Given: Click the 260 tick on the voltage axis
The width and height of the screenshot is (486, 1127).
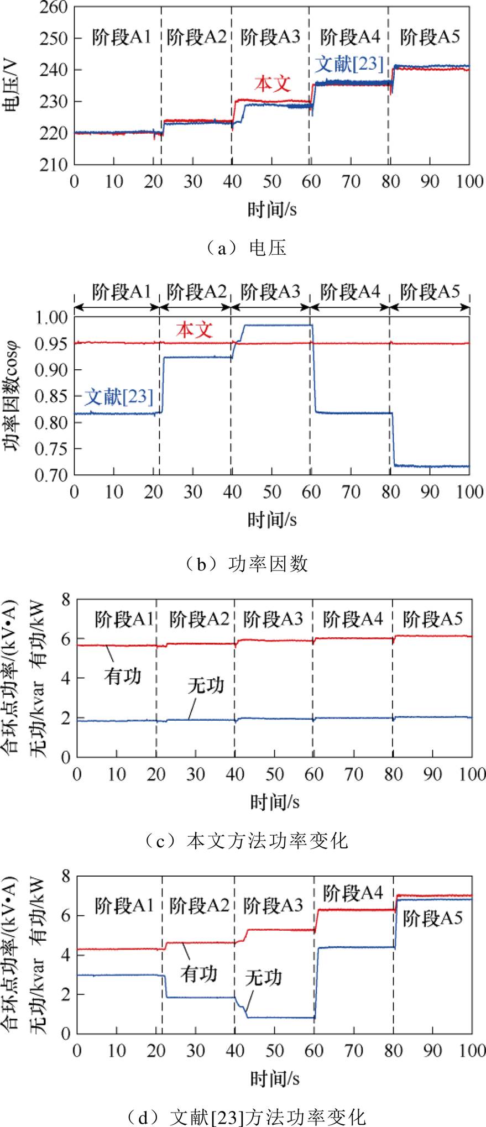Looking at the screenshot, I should click(53, 8).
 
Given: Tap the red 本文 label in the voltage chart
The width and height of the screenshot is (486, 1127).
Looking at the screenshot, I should click(273, 84).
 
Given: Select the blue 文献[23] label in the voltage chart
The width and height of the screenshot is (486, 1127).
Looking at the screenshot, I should click(349, 64).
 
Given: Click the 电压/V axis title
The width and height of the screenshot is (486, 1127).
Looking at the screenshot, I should click(12, 86).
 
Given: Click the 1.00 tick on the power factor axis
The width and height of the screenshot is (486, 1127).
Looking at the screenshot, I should click(51, 317).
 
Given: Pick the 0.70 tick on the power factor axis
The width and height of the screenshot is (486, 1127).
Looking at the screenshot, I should click(51, 475).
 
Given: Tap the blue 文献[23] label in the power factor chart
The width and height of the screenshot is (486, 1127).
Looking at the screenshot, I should click(118, 396).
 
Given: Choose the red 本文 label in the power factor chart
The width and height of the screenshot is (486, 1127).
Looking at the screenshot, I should click(195, 330).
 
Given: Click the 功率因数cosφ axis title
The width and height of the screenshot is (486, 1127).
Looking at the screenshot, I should click(12, 396).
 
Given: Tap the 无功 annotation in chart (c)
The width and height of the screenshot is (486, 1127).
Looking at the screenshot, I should click(206, 686).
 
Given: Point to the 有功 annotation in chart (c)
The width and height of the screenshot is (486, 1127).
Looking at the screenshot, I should click(122, 676).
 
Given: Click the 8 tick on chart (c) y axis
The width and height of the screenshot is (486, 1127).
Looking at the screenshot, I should click(66, 600).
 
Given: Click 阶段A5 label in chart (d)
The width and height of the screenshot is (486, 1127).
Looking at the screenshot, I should click(432, 918).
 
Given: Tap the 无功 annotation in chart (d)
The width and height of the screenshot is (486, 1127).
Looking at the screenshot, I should click(263, 978).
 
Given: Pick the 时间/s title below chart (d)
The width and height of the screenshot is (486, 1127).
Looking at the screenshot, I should click(275, 1078).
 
